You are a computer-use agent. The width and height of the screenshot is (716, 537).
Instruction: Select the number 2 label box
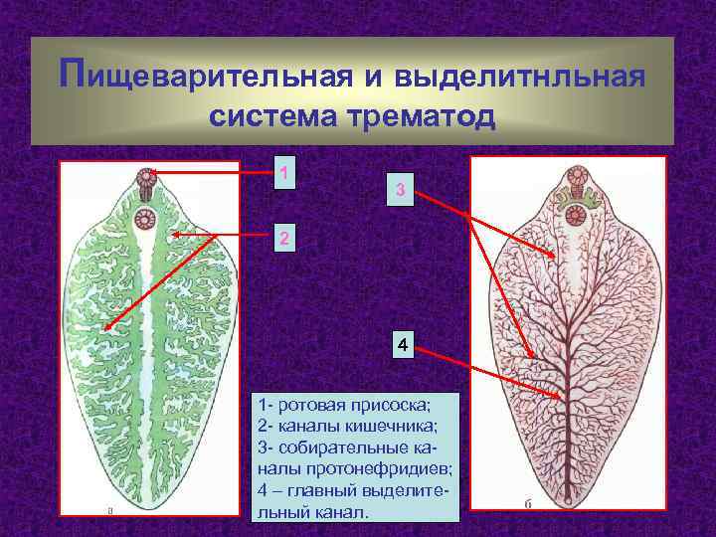click(285, 239)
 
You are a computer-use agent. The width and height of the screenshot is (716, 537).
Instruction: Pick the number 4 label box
click(401, 346)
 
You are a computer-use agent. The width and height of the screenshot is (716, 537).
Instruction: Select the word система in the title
click(276, 117)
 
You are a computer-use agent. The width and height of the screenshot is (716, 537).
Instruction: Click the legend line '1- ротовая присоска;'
click(343, 406)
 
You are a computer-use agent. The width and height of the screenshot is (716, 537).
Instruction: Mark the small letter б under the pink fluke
click(528, 504)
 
